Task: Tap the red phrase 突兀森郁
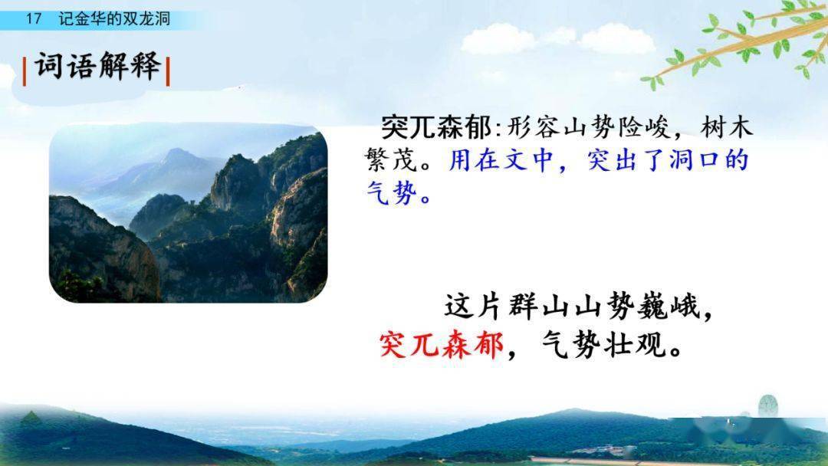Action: (442, 347)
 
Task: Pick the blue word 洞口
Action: (682, 161)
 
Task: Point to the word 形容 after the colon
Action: (531, 127)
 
